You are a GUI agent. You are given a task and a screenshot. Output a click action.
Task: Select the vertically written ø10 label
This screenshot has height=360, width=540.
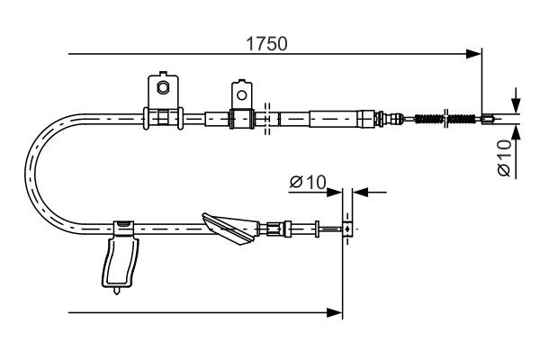(504, 155)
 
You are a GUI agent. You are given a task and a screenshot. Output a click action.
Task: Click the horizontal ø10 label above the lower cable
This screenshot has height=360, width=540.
(307, 182)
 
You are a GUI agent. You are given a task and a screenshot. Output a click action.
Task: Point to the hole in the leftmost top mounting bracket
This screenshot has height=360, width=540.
(163, 87)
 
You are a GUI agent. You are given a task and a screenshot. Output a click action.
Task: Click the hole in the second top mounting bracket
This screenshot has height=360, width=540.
(240, 92)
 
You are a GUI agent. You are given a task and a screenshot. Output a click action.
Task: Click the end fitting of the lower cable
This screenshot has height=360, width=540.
(346, 229)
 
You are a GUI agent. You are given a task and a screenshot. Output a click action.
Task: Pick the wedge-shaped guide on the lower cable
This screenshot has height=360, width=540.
(230, 228)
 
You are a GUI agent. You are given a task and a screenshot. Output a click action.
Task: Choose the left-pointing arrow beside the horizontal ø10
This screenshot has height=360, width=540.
(359, 191)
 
